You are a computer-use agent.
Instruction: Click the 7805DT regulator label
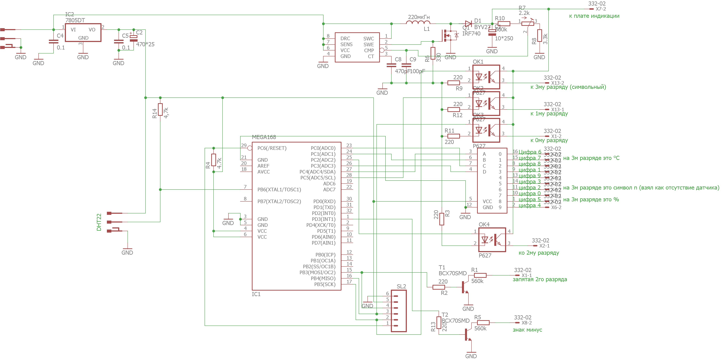click(x=75, y=20)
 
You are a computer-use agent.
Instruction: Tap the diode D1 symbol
click(x=468, y=24)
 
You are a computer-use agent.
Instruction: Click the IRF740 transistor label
click(x=471, y=34)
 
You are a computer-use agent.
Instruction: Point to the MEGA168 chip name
click(x=264, y=137)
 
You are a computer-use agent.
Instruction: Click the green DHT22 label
click(x=99, y=222)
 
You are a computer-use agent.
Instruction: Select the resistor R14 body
click(x=160, y=110)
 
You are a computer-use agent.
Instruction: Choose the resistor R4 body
click(x=214, y=160)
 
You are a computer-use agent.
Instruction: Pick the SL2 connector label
click(x=401, y=286)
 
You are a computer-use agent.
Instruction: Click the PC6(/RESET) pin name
click(x=272, y=148)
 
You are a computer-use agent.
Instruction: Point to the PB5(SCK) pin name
click(x=325, y=284)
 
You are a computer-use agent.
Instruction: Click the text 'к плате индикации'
click(x=594, y=16)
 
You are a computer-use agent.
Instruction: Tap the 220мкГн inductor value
click(x=419, y=17)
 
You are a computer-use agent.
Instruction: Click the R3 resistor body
click(x=442, y=219)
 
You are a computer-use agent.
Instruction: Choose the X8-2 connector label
click(x=526, y=323)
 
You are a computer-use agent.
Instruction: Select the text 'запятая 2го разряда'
click(x=540, y=279)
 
